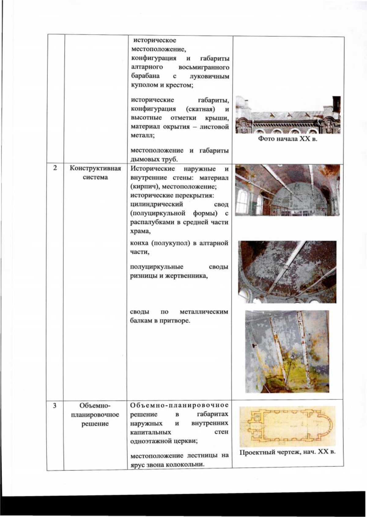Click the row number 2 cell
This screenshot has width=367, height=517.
55,168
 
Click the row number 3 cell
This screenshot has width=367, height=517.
55,405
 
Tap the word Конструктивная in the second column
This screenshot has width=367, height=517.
95,168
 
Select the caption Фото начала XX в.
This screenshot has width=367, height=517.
288,139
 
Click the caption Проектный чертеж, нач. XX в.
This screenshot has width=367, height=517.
287,452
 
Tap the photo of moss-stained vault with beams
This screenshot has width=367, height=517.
287,351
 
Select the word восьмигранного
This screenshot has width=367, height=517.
204,67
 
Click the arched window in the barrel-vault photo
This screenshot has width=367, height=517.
243,202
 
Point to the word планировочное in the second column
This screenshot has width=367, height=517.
95,415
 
